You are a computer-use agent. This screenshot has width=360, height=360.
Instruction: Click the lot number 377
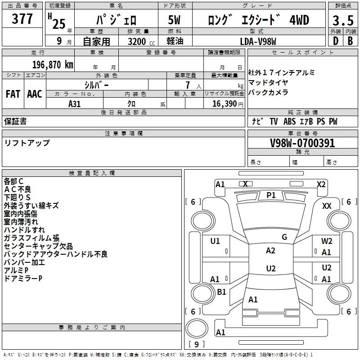[22, 18]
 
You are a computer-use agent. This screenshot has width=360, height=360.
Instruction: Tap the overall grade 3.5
[343, 20]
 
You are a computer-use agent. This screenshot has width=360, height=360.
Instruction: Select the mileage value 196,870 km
[53, 65]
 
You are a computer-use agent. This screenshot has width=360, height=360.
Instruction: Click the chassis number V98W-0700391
[302, 143]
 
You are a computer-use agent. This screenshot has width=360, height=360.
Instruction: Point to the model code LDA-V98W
[258, 41]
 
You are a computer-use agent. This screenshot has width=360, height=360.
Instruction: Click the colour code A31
[74, 104]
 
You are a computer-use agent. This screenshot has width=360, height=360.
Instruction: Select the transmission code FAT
[13, 94]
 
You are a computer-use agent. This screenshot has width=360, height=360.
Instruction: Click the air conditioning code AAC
[35, 94]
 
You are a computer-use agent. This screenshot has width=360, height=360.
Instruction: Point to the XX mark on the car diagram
[327, 206]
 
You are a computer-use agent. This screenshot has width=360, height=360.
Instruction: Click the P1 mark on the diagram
[271, 195]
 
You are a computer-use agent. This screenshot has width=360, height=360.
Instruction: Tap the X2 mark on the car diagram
[321, 184]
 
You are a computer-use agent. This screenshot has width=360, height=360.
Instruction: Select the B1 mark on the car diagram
[221, 292]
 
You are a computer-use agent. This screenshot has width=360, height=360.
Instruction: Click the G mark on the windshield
[284, 237]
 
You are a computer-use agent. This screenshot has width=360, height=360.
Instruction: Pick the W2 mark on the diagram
[327, 241]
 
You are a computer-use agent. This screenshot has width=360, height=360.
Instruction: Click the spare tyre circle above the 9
[197, 328]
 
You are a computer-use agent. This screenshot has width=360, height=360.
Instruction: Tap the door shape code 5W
[175, 20]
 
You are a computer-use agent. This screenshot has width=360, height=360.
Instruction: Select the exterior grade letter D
[336, 41]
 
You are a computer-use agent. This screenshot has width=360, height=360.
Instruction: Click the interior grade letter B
[351, 41]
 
